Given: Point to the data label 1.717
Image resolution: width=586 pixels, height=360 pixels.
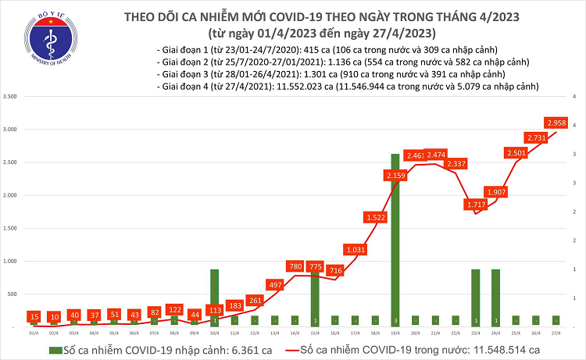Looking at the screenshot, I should (x=476, y=205).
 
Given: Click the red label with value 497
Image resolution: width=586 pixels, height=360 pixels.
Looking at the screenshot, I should (x=275, y=286).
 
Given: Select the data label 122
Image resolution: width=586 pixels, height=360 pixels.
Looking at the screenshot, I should (x=173, y=310).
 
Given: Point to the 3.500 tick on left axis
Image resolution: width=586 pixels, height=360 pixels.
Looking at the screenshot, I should (x=11, y=96).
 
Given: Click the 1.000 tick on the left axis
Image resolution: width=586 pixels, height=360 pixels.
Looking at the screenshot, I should (x=11, y=260).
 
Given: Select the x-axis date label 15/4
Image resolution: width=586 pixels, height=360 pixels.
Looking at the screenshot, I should (x=315, y=332).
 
